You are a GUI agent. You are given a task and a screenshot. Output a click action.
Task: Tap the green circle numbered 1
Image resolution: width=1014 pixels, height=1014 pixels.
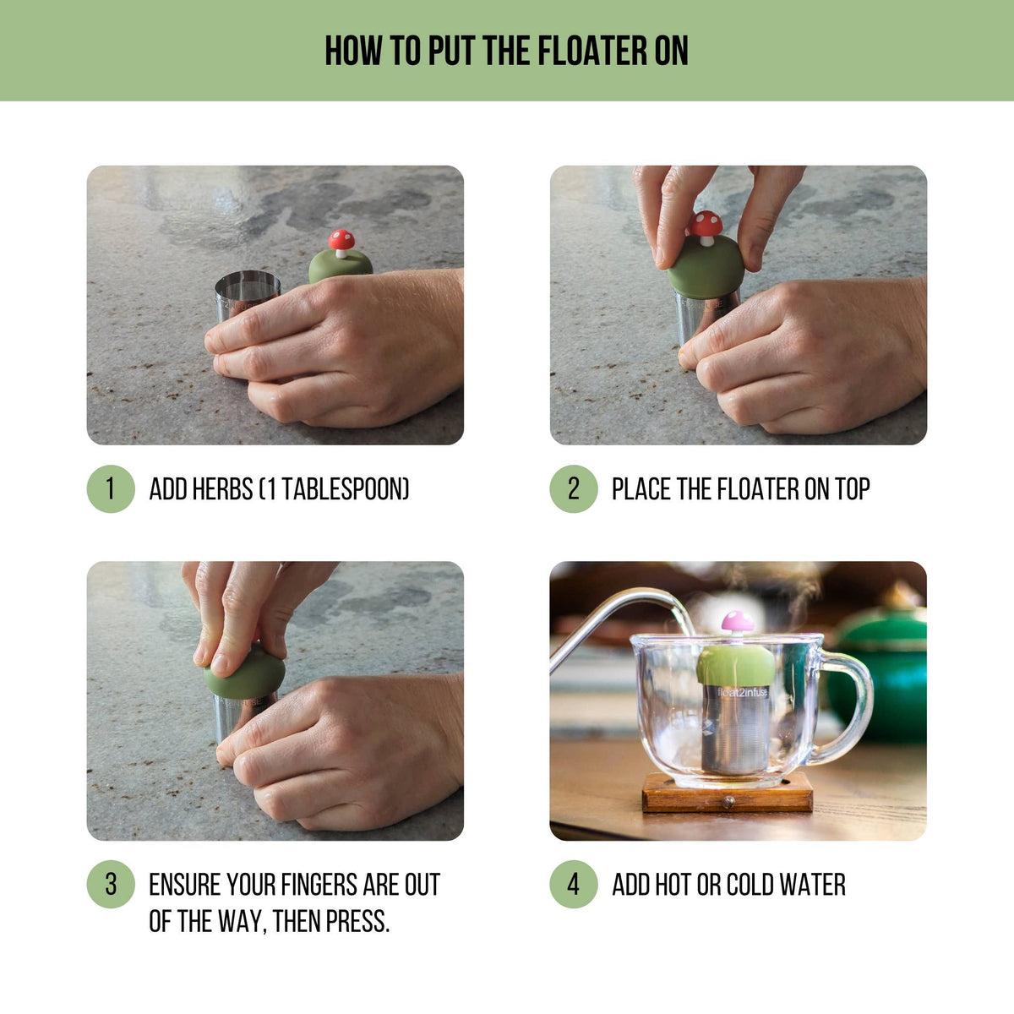pos(111,489)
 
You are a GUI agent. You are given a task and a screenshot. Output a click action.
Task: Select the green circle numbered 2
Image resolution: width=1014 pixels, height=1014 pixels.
pos(574,489)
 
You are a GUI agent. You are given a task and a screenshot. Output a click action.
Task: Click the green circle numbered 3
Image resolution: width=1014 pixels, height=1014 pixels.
pos(111,885)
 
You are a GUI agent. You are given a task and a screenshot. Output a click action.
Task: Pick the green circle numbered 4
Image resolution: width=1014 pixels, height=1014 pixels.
pos(574,885)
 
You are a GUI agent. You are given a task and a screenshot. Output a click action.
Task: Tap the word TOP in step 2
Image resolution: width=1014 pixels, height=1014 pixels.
pos(852,489)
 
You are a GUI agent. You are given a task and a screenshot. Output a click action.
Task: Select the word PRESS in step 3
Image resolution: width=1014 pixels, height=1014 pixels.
pos(357,920)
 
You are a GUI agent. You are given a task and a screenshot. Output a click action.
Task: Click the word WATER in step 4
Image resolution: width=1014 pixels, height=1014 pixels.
pos(812,885)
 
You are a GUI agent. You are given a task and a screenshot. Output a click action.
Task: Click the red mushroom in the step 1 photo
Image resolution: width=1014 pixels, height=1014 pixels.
pos(341,241)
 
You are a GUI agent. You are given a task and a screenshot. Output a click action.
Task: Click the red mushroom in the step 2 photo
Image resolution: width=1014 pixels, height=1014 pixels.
pos(706,225)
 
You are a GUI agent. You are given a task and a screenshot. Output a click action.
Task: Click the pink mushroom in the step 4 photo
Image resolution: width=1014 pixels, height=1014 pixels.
pos(737,623)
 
